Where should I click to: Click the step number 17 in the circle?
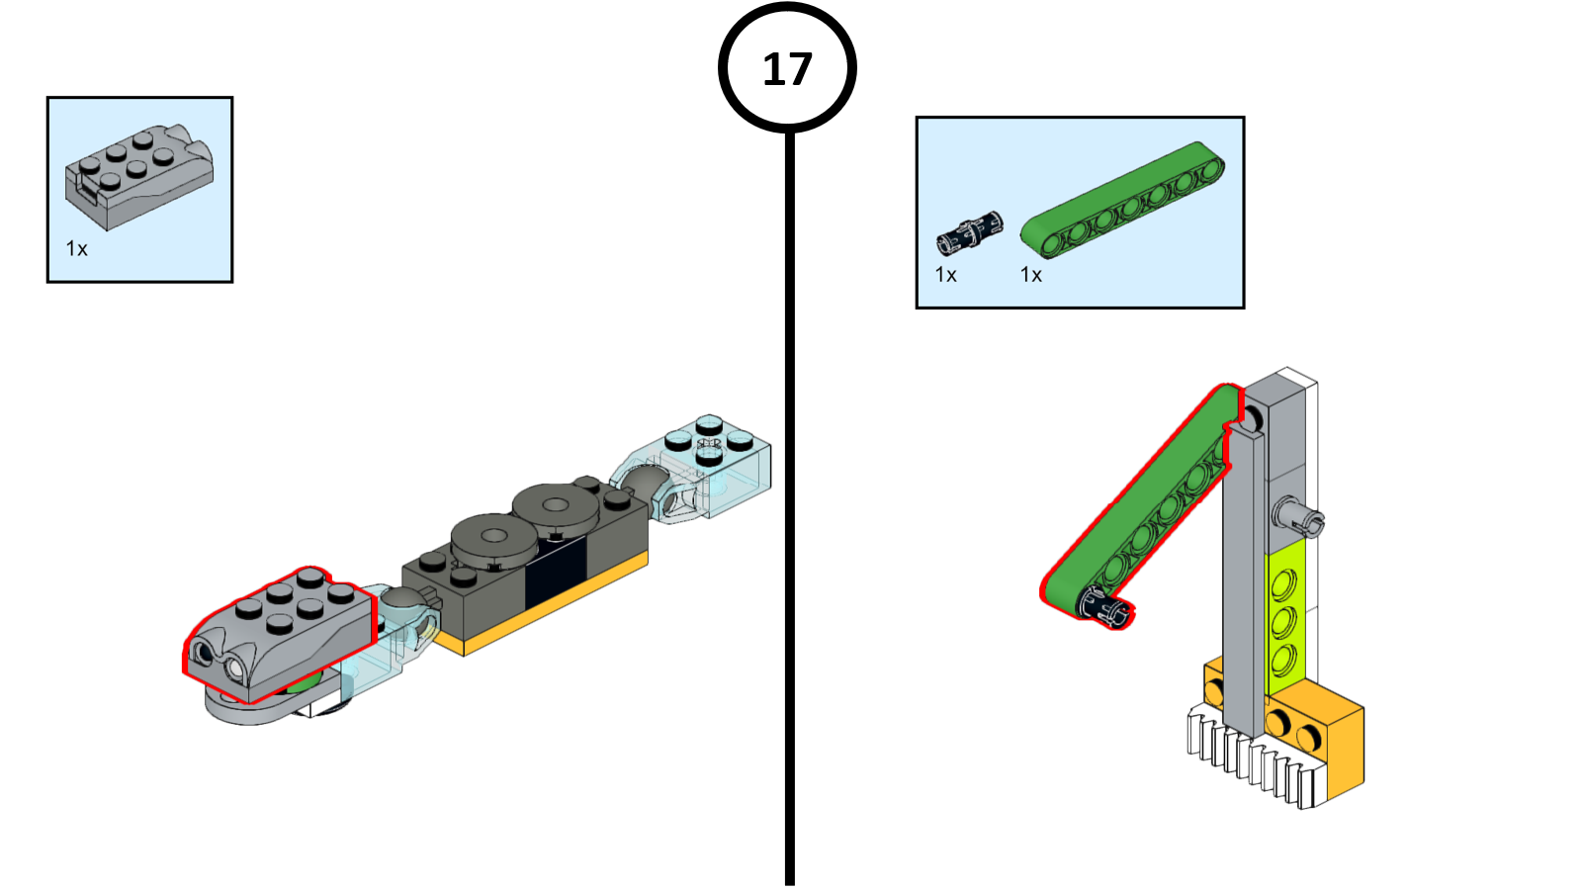(787, 69)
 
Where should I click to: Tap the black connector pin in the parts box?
(969, 232)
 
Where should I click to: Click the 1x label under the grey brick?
(77, 249)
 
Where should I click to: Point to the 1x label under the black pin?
(946, 275)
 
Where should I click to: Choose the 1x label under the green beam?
(1031, 275)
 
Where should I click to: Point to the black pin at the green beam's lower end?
(1100, 605)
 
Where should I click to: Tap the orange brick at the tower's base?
(1330, 737)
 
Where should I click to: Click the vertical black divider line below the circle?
(789, 494)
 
